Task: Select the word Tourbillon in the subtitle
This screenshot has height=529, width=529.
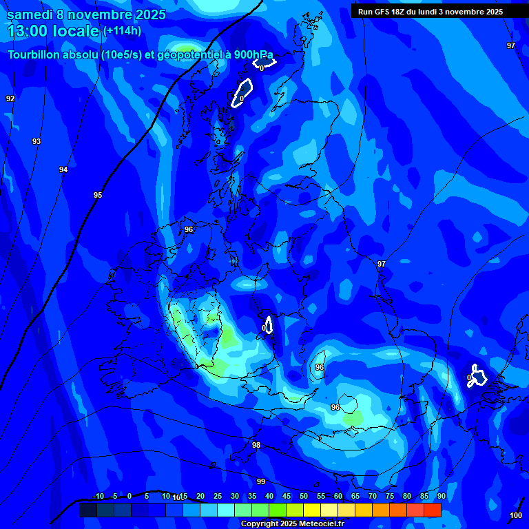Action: (x=34, y=54)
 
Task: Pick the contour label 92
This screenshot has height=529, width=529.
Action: (x=10, y=98)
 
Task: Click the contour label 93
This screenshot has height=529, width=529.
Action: (x=37, y=141)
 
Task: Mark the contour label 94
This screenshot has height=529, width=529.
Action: (x=63, y=169)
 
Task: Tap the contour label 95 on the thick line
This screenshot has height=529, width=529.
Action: (x=98, y=195)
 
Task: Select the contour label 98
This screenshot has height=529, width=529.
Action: (x=256, y=445)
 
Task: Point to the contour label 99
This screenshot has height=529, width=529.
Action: (x=261, y=481)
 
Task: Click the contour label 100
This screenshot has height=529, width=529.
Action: (x=516, y=515)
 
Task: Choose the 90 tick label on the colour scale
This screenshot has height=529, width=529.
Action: (x=441, y=496)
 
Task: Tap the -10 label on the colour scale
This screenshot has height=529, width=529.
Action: (x=98, y=496)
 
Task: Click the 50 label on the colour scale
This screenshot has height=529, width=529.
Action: (x=304, y=496)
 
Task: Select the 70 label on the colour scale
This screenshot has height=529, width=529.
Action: (x=373, y=496)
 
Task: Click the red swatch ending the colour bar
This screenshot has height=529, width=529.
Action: (x=433, y=510)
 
